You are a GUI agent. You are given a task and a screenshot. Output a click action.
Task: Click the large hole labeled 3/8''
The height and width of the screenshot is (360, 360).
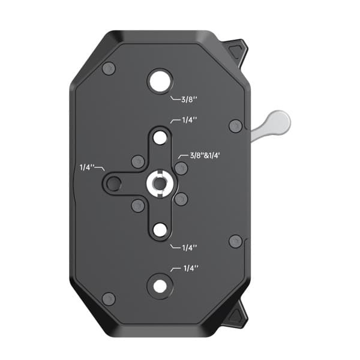[160, 81]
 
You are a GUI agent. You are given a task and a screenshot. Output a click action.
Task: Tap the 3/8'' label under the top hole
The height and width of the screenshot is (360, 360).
[190, 100]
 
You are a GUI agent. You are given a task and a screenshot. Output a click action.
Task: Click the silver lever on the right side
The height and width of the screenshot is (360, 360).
[271, 126]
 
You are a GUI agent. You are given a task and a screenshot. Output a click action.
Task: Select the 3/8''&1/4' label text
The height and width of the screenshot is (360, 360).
[205, 155]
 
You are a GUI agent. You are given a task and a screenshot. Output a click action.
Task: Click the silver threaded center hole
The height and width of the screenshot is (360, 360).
[160, 183]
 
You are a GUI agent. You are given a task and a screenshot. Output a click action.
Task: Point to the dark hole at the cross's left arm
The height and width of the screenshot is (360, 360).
[114, 183]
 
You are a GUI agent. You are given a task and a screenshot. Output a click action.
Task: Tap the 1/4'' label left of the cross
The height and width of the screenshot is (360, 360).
[87, 167]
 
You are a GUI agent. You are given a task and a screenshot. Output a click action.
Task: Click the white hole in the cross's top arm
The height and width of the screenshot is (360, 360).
[160, 138]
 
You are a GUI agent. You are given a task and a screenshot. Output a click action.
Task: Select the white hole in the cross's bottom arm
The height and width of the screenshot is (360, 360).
[160, 230]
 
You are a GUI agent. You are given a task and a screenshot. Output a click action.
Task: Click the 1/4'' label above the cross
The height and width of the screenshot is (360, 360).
[190, 120]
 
